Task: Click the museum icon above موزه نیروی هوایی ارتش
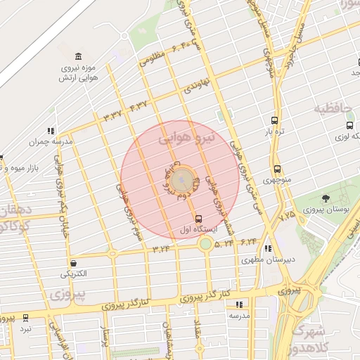pos(77,56)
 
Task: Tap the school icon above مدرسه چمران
pos(51,130)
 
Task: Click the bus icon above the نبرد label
pos(26,318)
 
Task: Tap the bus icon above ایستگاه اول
pos(199,219)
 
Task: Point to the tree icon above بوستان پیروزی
pos(325,199)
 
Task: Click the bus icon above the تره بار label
pos(274,120)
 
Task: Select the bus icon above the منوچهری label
pos(277,169)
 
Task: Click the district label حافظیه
pos(331,109)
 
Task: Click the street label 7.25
pos(287,216)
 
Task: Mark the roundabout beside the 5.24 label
pos(205,243)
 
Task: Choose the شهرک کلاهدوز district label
pos(324,340)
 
